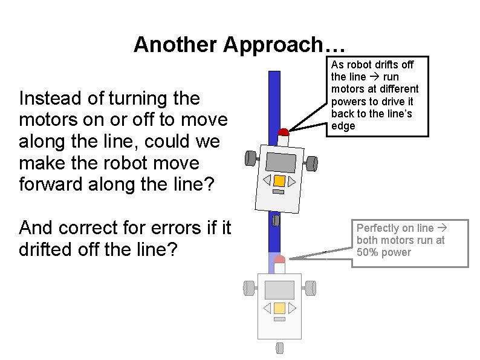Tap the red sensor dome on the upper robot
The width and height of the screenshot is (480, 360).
click(x=283, y=132)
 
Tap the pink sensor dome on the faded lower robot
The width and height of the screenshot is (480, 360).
click(x=279, y=260)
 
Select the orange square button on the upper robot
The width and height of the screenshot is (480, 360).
click(x=279, y=181)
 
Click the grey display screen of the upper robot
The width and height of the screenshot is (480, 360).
click(x=281, y=162)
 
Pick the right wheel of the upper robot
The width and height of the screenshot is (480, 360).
click(x=312, y=163)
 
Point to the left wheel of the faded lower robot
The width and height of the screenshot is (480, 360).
click(x=247, y=288)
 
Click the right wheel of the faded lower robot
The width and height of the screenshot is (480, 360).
click(x=311, y=288)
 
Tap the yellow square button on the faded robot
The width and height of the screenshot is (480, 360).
click(x=279, y=308)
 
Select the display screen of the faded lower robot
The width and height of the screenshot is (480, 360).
click(x=279, y=289)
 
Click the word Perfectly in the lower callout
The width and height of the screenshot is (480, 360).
click(x=377, y=228)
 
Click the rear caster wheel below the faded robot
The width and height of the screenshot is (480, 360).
click(x=279, y=348)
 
